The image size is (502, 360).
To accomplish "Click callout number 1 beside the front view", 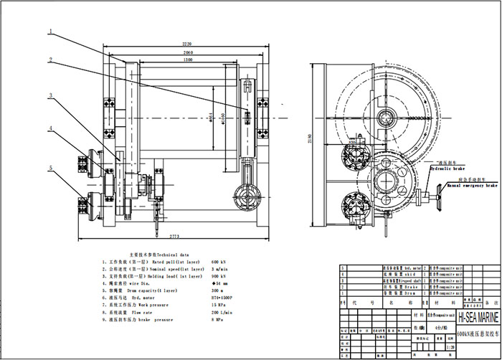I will tap(51, 31).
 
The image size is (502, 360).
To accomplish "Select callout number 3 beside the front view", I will tap(51, 95).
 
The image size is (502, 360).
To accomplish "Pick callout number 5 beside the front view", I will tap(51, 169).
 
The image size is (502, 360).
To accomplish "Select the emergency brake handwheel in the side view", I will tap(433, 196).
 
